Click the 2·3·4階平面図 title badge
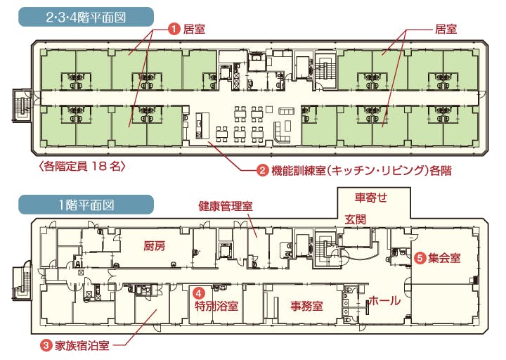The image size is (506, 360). click(86, 17)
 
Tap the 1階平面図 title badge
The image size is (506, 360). click(86, 205)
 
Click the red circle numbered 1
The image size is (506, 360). click(174, 30)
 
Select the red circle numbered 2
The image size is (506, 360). click(262, 170)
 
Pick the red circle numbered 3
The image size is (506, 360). click(46, 345)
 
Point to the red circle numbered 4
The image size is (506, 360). click(199, 292)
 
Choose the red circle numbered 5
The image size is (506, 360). click(420, 258)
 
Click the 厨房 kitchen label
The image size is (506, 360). click(154, 246)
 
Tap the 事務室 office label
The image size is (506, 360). click(306, 305)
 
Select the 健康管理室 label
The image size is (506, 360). click(226, 206)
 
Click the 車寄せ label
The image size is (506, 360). click(371, 197)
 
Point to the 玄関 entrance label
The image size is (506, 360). click(356, 219)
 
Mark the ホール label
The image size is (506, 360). click(384, 301)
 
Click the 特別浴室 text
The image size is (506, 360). click(216, 305)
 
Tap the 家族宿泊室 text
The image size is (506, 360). click(82, 345)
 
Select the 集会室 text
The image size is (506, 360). click(444, 258)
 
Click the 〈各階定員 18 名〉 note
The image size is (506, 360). click(82, 166)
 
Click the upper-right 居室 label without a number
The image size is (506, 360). click(446, 29)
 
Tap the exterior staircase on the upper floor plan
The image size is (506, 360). click(22, 105)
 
